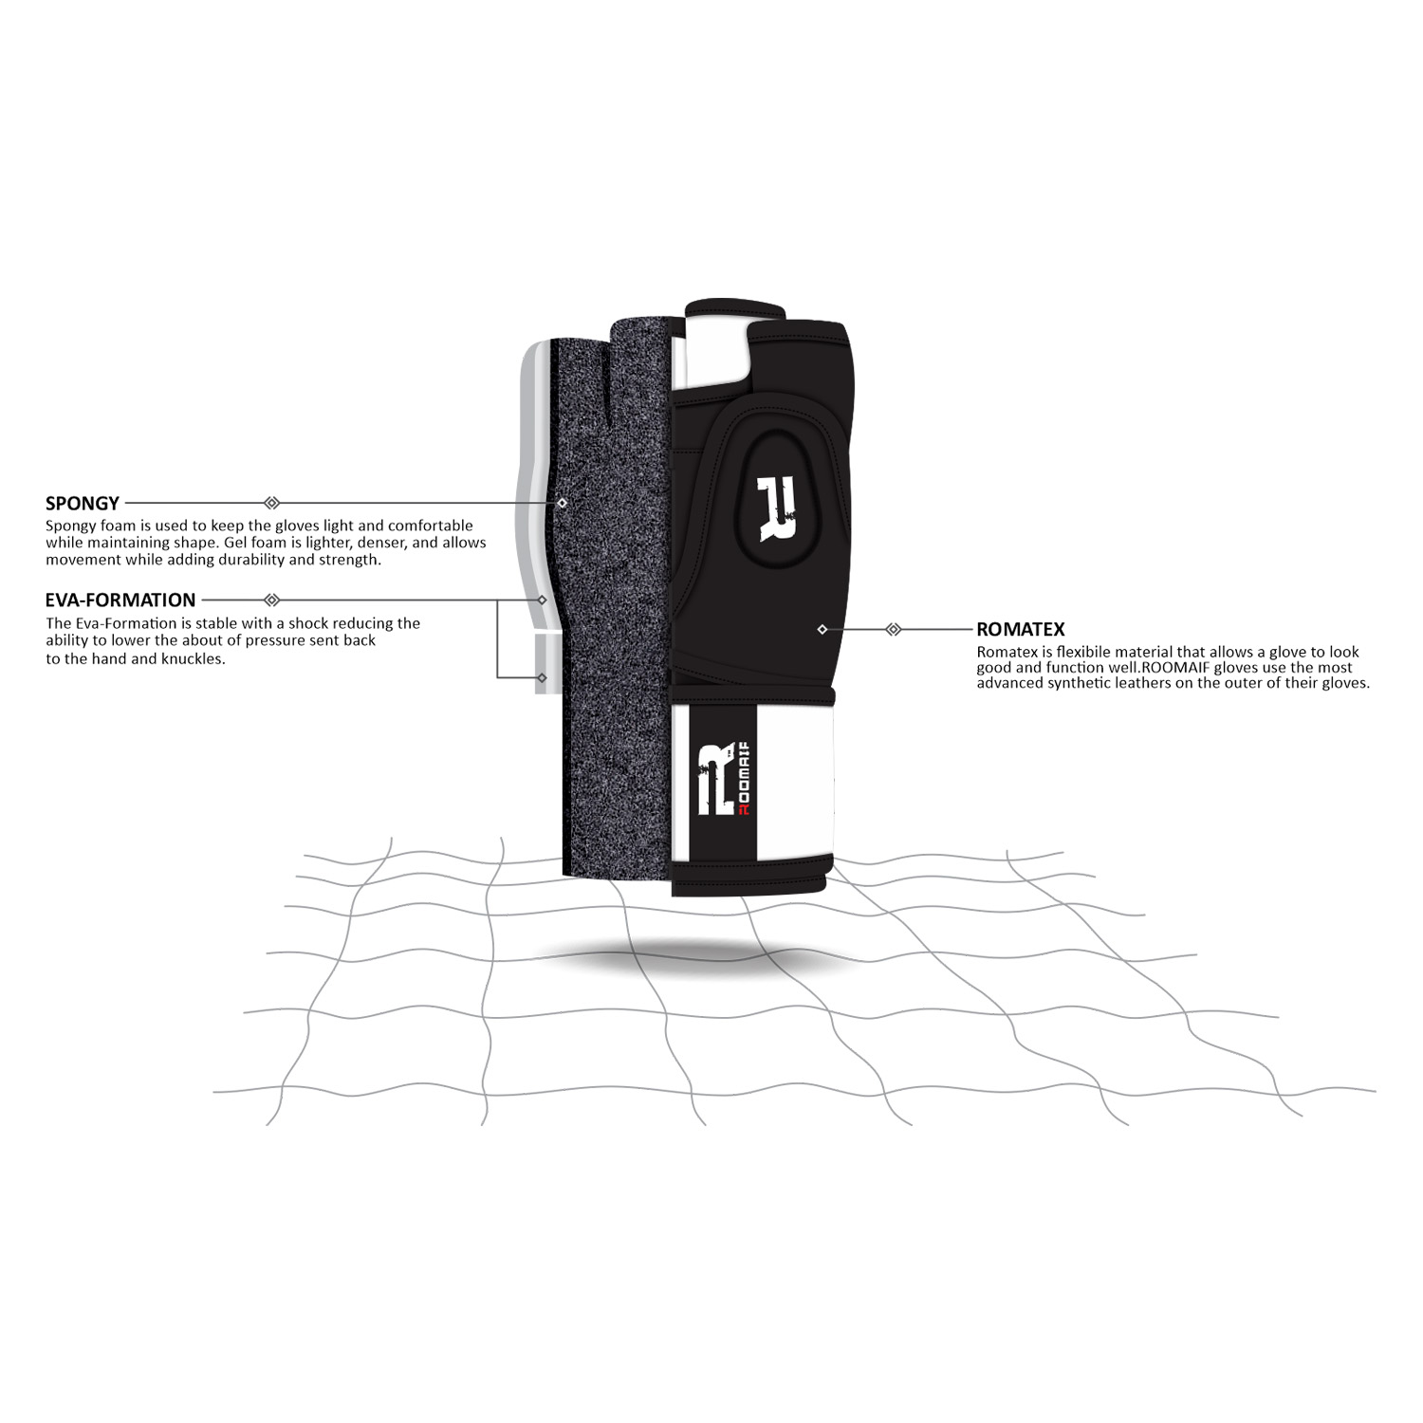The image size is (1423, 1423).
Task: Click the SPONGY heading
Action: click(83, 503)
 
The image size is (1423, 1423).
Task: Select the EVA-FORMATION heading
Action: click(120, 600)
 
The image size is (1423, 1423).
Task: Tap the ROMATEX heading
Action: click(1021, 629)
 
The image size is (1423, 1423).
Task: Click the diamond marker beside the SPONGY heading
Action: click(271, 503)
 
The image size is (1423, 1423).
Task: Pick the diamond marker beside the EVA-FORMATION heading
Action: click(271, 600)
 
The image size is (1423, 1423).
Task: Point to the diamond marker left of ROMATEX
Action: click(893, 629)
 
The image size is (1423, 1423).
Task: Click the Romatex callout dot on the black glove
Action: click(822, 629)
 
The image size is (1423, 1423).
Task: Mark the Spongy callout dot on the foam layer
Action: click(563, 503)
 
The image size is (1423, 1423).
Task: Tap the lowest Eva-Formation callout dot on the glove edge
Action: click(542, 677)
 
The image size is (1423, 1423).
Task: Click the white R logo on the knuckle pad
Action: click(777, 509)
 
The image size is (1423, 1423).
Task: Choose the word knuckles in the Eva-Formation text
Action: click(192, 658)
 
